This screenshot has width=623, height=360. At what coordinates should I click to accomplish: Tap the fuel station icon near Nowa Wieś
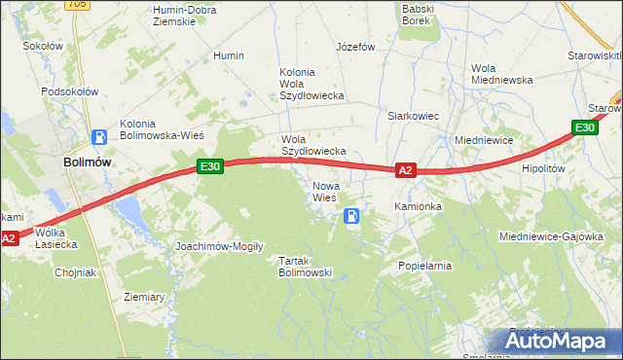351,216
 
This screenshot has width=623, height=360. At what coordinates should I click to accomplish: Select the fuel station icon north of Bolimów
98,138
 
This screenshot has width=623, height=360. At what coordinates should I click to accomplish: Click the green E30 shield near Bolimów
211,166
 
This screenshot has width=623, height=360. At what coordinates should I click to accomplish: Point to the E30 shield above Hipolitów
584,127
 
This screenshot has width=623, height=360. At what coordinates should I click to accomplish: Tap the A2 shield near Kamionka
407,170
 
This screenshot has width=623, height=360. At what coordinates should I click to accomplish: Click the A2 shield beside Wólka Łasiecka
9,238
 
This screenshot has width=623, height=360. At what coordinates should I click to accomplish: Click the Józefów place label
355,47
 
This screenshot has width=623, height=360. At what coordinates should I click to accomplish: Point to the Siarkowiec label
415,116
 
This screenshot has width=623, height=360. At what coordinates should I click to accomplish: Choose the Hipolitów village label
543,168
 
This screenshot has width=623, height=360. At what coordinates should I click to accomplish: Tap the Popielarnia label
425,265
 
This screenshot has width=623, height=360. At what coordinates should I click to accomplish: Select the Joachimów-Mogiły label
219,246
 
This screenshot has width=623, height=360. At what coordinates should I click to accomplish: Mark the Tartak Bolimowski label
306,267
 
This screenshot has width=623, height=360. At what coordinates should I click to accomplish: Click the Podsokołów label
70,91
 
